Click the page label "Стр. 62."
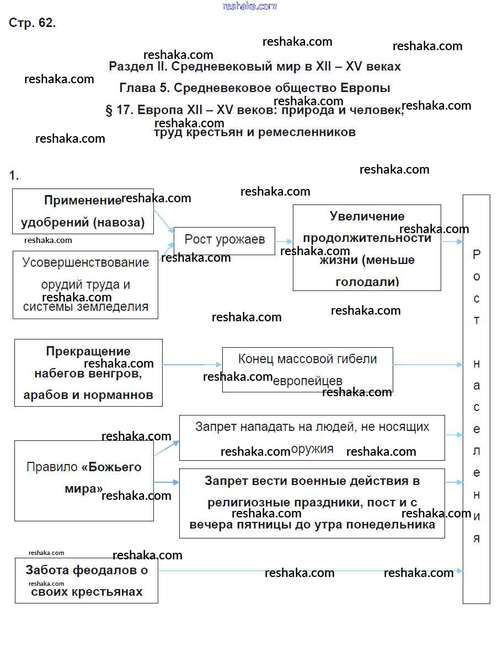(33, 23)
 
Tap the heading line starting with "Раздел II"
(255, 67)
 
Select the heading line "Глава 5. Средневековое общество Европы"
(255, 88)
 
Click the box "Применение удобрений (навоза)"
(83, 211)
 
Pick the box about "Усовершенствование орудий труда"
(85, 284)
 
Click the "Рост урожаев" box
(224, 240)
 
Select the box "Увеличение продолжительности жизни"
(367, 248)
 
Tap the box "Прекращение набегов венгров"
(88, 373)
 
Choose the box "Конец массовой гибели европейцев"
(307, 370)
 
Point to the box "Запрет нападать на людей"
(312, 438)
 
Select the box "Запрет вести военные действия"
(312, 503)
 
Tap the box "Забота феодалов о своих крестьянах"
(87, 581)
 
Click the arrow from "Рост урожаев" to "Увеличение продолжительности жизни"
(283, 241)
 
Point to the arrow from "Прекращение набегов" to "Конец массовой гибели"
(192, 365)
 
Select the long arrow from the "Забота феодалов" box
(309, 571)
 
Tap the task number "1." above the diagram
(14, 176)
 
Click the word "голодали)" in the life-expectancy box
(367, 282)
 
